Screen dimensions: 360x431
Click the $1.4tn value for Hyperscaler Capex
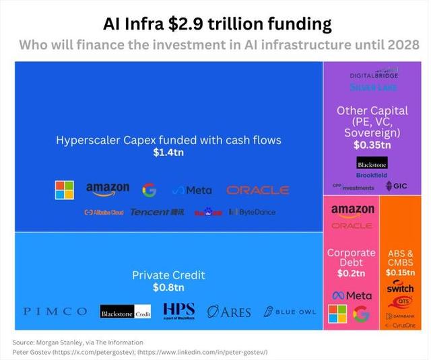[168, 153]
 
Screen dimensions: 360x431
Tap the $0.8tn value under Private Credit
[168, 287]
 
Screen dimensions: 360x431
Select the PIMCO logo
[55, 312]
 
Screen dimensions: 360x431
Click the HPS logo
[178, 311]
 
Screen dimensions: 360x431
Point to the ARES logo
[229, 312]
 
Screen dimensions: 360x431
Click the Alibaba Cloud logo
[104, 212]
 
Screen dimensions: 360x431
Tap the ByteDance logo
[253, 212]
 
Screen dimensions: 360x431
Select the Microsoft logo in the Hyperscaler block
[64, 190]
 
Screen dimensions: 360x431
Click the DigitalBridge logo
[374, 73]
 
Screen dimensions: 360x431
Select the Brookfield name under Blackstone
[372, 175]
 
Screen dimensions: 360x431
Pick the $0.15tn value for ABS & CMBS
[400, 273]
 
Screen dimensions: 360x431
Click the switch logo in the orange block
[400, 289]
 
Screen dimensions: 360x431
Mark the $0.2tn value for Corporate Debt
[351, 273]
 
